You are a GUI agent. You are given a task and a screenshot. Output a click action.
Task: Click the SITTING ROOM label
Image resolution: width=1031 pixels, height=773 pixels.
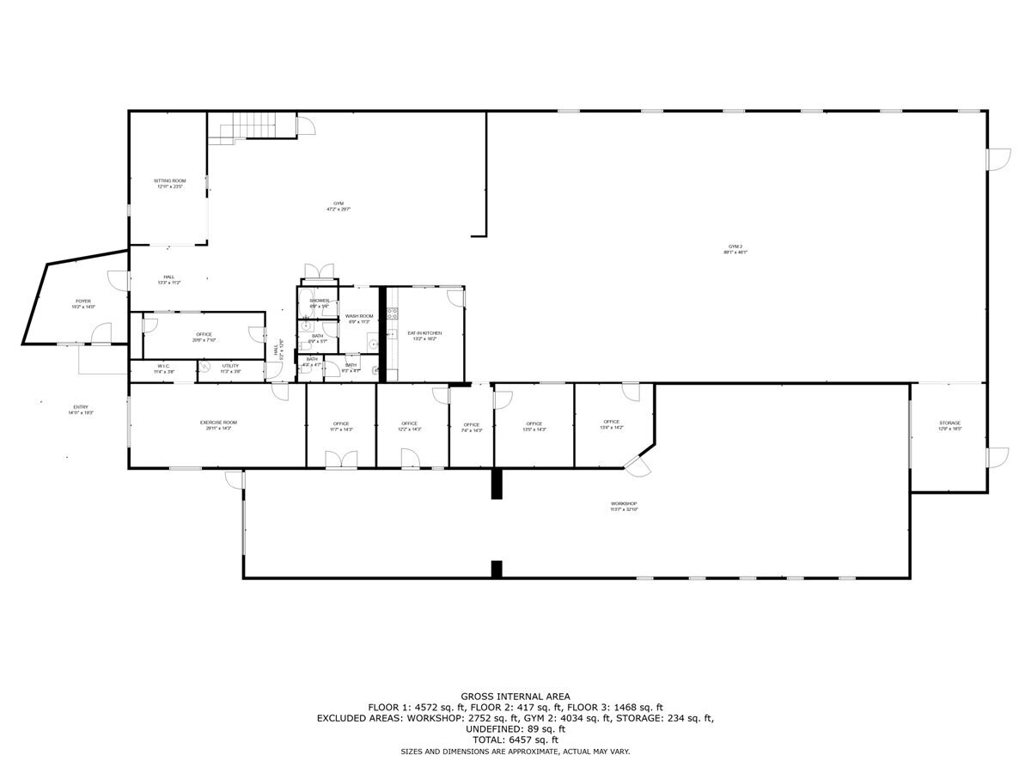point(169,181)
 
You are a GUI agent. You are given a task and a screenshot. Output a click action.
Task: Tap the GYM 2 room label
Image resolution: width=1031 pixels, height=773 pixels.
point(735,247)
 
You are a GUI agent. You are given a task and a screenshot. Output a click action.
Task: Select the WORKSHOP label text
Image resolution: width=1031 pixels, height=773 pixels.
point(625,504)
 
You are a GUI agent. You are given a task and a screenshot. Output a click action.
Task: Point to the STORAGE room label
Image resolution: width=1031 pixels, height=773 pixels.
point(949,423)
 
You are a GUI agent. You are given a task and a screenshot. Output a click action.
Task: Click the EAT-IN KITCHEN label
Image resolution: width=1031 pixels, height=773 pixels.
point(424,333)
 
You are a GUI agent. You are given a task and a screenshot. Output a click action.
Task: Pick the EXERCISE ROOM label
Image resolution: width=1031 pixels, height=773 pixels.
point(218,423)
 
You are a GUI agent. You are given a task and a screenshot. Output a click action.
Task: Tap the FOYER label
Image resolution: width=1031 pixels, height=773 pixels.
point(83,301)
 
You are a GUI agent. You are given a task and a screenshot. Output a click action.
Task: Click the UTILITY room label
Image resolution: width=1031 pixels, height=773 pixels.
point(230,367)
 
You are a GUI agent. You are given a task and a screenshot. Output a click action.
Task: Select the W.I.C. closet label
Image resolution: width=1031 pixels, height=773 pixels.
point(162,367)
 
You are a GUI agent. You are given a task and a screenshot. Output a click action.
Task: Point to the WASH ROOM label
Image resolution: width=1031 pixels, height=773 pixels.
point(359,317)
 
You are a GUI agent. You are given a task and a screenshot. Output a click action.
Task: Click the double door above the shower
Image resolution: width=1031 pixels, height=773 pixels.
point(319,272)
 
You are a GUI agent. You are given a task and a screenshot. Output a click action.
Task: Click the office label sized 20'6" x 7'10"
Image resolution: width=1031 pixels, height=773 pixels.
point(204,335)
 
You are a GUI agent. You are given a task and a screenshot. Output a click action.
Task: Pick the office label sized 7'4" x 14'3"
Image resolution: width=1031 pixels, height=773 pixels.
point(471,425)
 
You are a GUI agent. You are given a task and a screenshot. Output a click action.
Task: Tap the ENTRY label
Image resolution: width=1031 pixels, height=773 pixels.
point(80,407)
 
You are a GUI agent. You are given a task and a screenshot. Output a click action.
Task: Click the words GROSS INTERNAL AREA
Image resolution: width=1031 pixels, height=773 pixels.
point(515,697)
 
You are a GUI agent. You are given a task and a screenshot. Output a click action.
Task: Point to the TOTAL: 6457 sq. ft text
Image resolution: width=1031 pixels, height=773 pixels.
point(515,740)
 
